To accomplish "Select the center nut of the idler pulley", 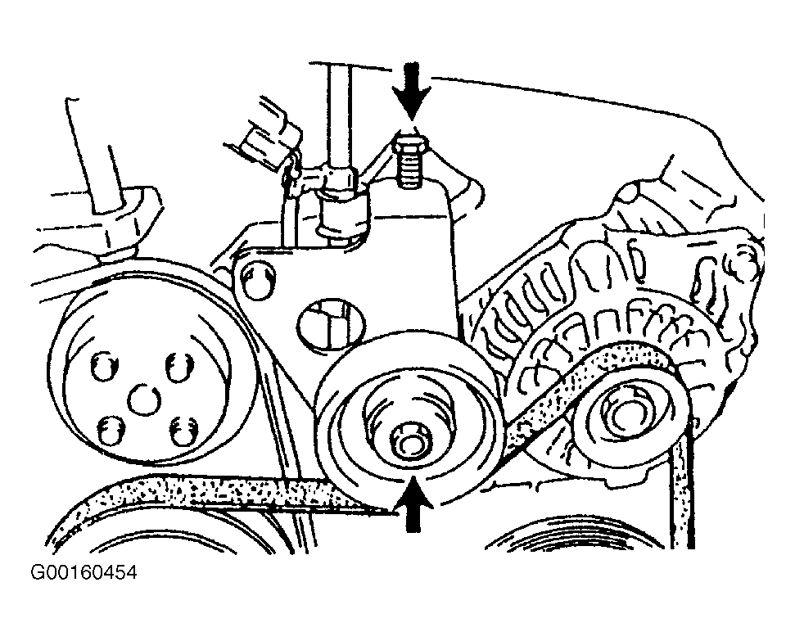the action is click(x=408, y=442).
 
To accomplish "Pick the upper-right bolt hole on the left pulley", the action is click(x=177, y=366).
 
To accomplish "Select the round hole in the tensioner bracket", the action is click(x=323, y=324).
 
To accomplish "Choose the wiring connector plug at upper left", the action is click(x=266, y=131).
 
